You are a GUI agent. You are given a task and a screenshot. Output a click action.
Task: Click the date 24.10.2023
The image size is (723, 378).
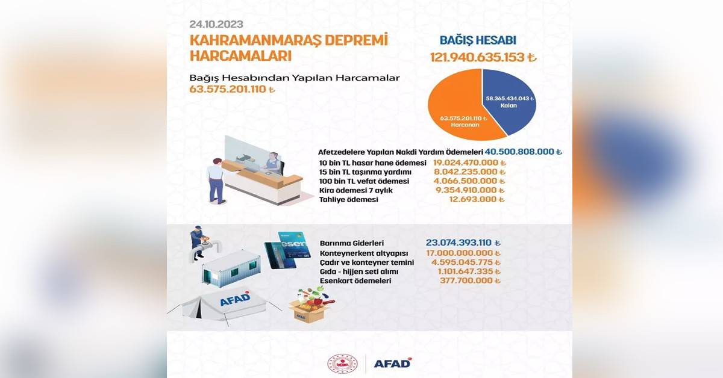216,24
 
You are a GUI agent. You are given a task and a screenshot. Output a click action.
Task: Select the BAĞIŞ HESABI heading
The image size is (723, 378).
478,40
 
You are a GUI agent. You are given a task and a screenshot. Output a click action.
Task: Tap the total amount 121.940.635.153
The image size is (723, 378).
483,57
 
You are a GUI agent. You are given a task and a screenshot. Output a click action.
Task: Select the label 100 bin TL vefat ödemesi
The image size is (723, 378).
364,181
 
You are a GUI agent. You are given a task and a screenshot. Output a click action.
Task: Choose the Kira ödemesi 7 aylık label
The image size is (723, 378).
356,190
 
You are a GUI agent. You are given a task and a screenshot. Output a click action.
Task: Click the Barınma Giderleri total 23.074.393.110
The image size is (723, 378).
463,243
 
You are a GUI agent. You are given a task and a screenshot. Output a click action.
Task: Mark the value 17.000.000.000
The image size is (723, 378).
463,253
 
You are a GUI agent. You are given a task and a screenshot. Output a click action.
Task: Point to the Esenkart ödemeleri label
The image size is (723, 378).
355,280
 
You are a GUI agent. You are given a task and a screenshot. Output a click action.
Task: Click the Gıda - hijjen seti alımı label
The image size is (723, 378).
359,271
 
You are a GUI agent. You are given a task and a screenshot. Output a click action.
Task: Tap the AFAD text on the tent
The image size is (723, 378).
235,299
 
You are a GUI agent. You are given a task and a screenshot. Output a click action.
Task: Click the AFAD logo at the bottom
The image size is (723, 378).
393,363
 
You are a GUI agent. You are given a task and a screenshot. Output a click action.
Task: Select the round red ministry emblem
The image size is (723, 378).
342,364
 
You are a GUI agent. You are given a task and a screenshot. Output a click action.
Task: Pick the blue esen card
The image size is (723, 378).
295,247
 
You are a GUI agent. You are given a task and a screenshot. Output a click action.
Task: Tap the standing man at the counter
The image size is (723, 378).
216,181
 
